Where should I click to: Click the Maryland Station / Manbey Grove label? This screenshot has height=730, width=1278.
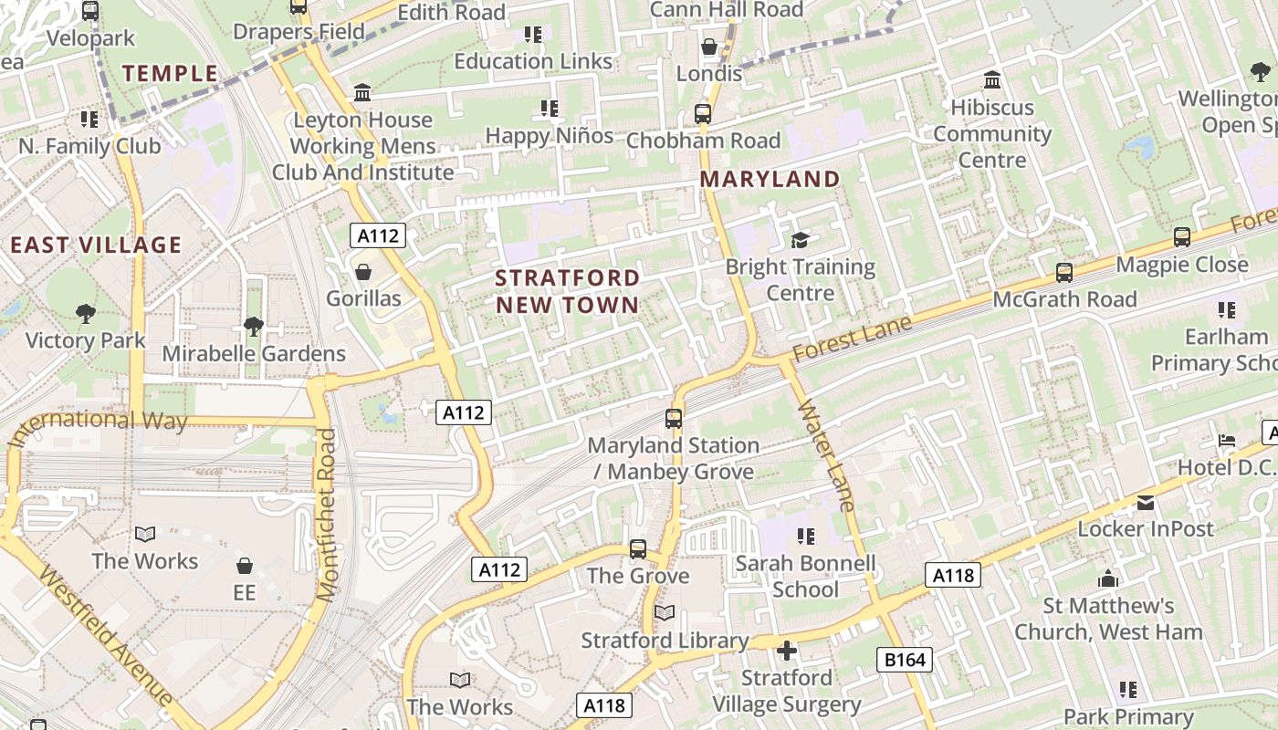[674, 458]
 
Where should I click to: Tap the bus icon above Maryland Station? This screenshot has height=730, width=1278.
[674, 419]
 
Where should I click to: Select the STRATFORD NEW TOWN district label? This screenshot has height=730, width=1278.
[568, 290]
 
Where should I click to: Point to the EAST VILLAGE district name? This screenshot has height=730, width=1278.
[96, 245]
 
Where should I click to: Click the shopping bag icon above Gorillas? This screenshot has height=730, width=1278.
[363, 272]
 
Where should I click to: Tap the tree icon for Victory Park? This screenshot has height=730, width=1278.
[86, 314]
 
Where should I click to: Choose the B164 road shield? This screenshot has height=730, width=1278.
[905, 660]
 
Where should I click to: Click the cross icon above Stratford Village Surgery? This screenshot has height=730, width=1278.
[786, 651]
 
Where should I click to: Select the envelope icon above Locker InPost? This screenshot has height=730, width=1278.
[1146, 503]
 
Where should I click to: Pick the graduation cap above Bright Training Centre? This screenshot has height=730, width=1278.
[801, 240]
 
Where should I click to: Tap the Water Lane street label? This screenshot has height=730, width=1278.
[826, 454]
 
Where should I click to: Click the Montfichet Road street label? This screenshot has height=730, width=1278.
[327, 516]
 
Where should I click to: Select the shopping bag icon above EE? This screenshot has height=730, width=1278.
[244, 566]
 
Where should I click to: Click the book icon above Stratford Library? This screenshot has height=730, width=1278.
[665, 613]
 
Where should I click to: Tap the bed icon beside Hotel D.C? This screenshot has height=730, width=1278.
[1227, 441]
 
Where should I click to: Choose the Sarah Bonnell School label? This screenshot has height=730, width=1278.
[805, 576]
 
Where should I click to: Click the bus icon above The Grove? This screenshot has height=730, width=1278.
[638, 549]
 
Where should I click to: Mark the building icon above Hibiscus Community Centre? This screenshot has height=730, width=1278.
[992, 80]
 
